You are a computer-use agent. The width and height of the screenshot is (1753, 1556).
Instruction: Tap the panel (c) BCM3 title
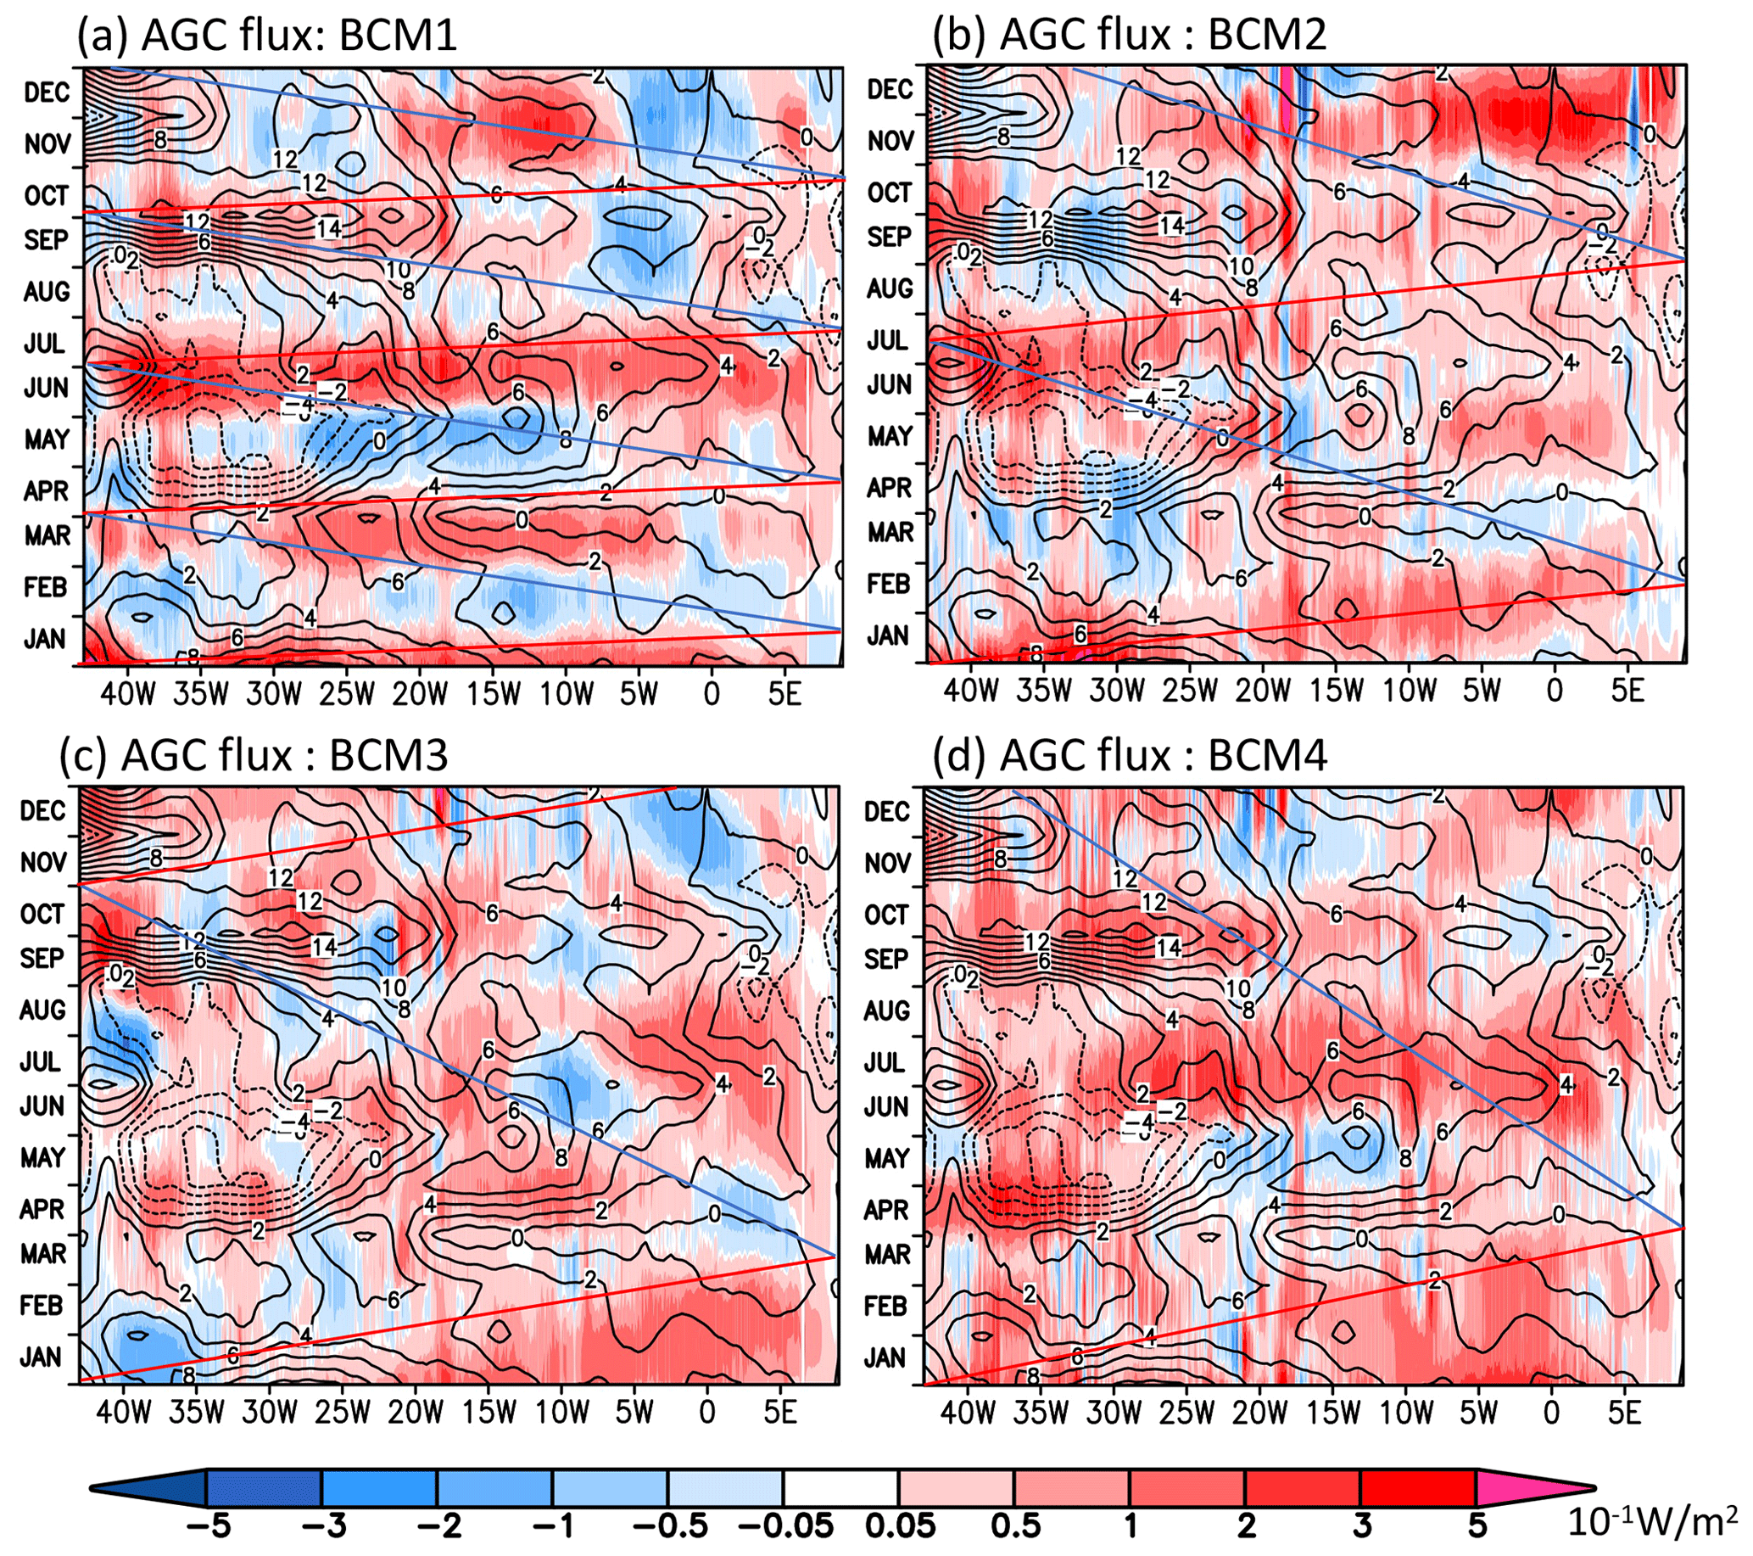(254, 756)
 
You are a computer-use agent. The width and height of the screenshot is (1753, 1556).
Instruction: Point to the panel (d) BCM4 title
(1130, 756)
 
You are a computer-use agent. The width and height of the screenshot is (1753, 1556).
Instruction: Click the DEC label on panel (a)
(47, 92)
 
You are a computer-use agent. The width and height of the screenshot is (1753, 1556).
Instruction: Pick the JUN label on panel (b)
(889, 385)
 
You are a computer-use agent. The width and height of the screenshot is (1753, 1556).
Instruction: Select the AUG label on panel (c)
(42, 1010)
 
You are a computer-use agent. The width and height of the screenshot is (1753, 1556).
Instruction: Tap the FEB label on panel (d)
(886, 1307)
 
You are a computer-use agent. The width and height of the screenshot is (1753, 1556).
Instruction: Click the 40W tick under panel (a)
(128, 693)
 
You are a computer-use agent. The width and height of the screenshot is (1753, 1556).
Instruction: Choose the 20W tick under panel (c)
(415, 1412)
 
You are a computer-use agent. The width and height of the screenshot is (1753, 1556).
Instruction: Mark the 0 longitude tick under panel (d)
(1550, 1412)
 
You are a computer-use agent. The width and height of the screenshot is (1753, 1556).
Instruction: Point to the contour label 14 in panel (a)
(328, 228)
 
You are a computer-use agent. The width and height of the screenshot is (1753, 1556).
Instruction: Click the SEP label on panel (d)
(886, 958)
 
